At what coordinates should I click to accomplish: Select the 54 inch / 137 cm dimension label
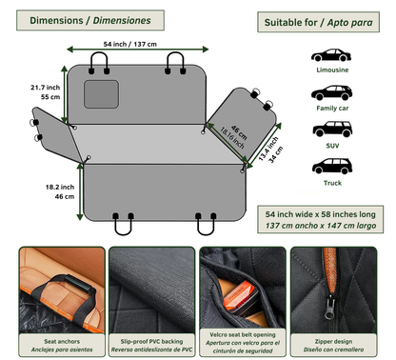pos(130,44)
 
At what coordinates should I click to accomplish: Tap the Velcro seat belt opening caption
pos(243,340)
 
